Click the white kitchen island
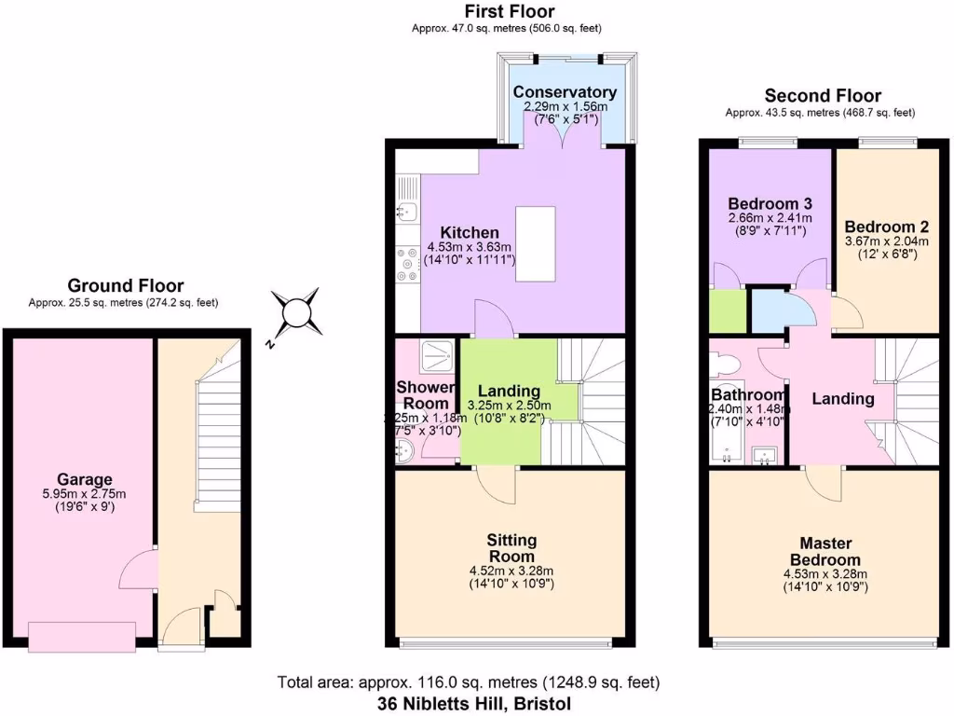click(x=535, y=243)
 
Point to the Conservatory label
click(x=565, y=92)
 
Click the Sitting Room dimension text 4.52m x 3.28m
click(x=511, y=571)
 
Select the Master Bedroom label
click(x=823, y=550)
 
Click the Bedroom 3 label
click(x=770, y=203)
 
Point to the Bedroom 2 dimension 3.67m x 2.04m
click(x=886, y=241)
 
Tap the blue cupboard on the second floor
click(x=770, y=310)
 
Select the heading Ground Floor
click(x=125, y=286)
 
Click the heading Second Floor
click(x=822, y=95)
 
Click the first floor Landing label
click(x=509, y=391)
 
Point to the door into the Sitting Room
click(x=496, y=482)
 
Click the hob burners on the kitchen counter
click(x=407, y=263)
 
